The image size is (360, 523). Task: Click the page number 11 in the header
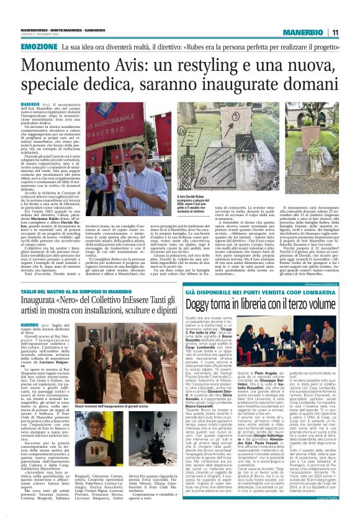click(x=335, y=32)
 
